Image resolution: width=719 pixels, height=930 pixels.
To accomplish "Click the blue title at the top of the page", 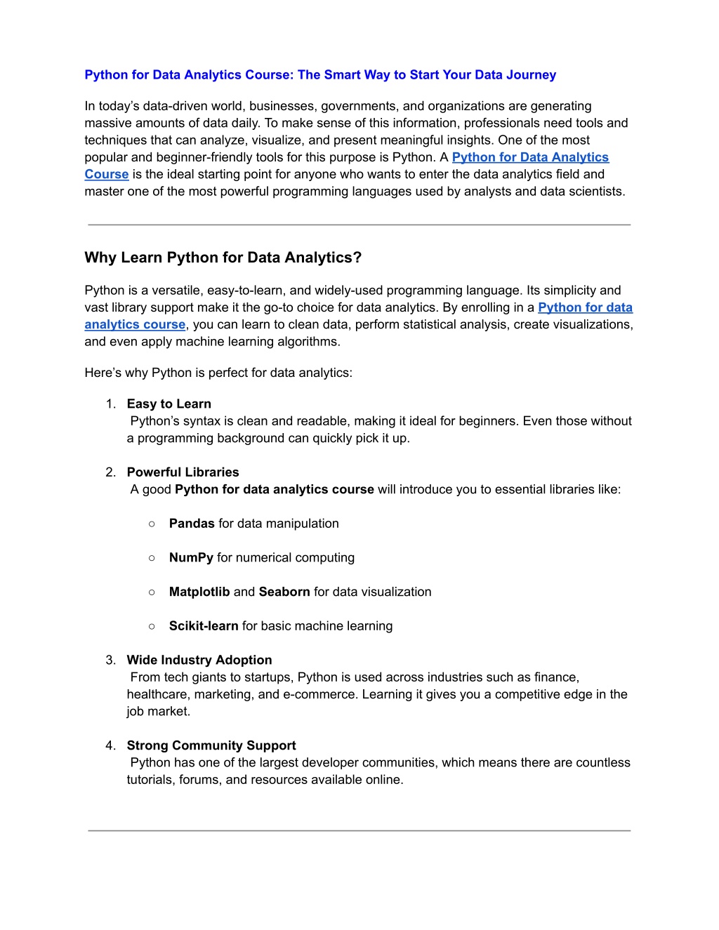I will tap(320, 75).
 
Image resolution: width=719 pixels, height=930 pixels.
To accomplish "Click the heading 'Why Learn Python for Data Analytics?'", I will tap(223, 258).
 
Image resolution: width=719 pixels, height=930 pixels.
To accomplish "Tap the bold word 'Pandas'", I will tap(192, 524).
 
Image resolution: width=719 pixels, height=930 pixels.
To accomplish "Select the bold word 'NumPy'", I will tap(191, 558).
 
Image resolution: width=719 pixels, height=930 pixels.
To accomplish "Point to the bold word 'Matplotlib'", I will tap(199, 592).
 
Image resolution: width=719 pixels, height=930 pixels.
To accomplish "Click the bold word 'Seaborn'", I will tap(284, 592).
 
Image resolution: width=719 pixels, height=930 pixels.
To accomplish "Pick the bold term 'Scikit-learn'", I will tap(204, 626).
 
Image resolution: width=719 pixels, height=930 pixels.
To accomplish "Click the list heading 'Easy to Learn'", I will tap(169, 404).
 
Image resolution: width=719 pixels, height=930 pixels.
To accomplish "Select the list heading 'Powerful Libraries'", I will tap(183, 472).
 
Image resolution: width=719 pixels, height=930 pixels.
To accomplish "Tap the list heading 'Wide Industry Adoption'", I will tap(199, 660).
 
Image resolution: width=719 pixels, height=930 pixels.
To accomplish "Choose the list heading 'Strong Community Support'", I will tap(211, 745).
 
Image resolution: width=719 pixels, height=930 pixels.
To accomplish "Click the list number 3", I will tap(110, 660).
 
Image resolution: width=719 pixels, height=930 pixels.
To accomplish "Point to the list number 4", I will tap(110, 745).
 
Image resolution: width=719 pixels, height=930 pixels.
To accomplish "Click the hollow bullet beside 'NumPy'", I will tap(152, 558).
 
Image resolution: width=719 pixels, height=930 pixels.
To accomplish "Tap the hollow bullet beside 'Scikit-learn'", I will tap(152, 626).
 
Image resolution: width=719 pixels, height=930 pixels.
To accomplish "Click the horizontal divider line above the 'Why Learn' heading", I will tap(359, 225).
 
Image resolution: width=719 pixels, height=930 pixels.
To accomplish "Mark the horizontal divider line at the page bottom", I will tap(359, 831).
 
